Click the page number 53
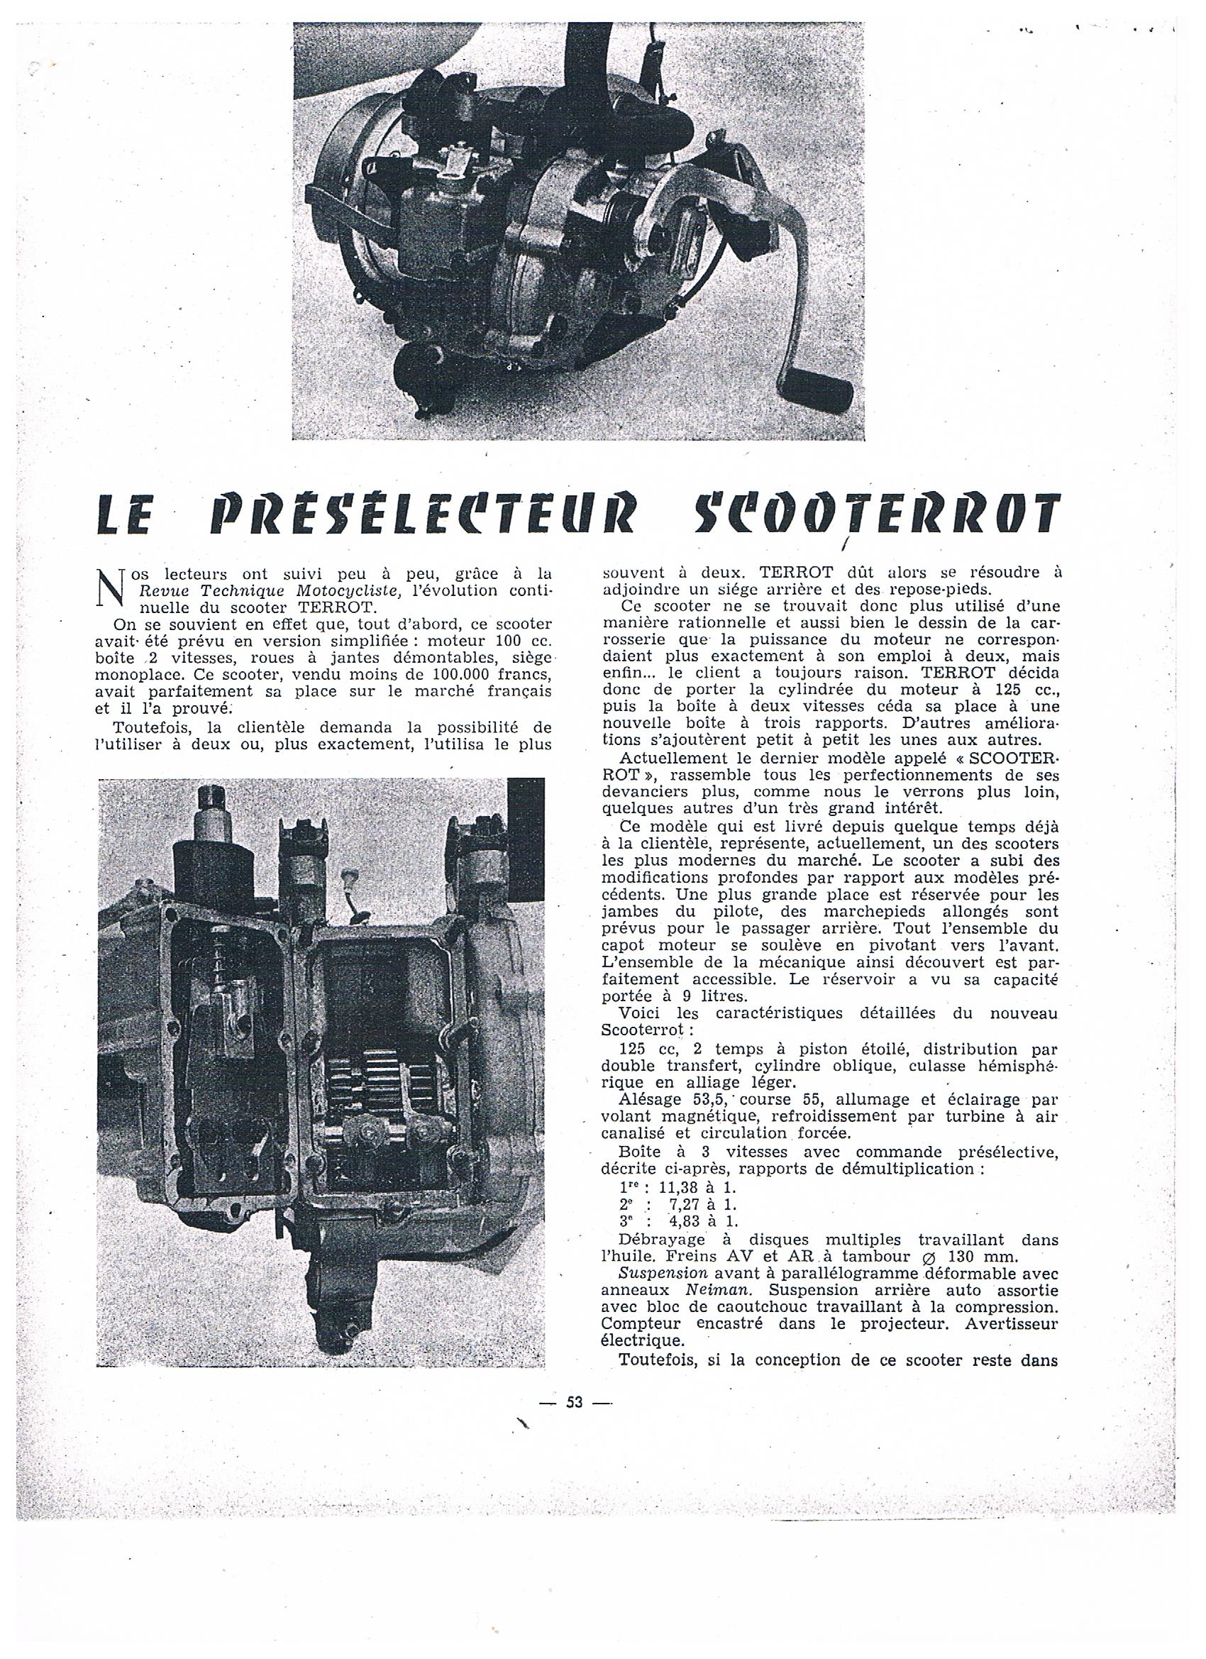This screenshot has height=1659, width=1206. tap(573, 1401)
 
